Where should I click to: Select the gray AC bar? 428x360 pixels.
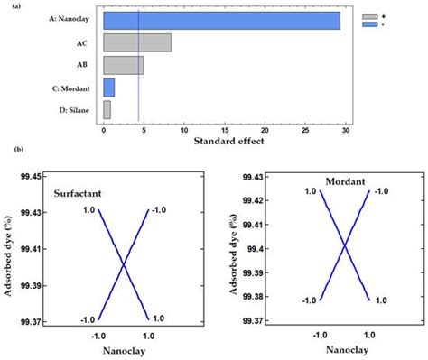point(137,42)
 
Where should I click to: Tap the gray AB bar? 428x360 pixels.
point(124,65)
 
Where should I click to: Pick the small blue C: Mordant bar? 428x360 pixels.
point(109,88)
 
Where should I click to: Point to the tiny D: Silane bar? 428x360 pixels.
point(107,109)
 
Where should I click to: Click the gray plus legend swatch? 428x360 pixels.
point(368,16)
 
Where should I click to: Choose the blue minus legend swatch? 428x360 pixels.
point(368,25)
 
